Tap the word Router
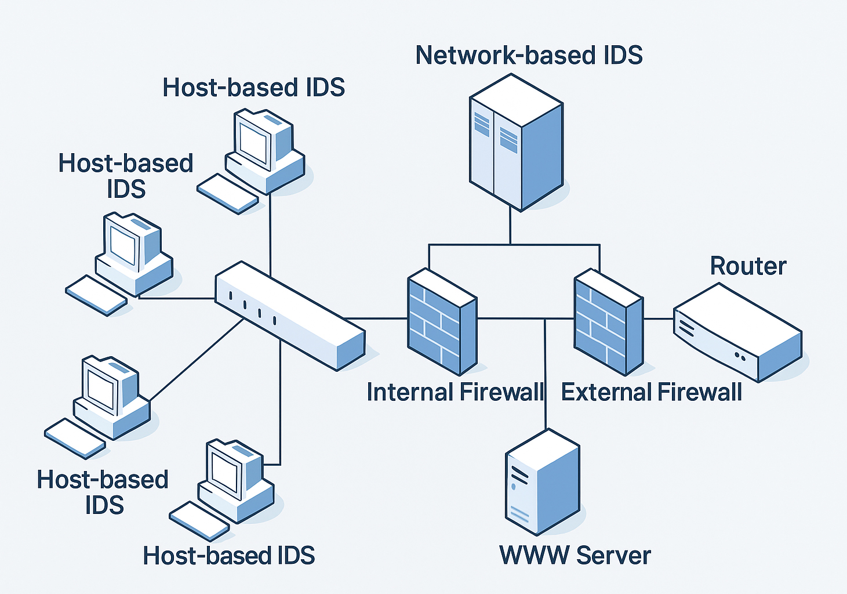[748, 266]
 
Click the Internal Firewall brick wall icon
[442, 322]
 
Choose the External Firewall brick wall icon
[608, 322]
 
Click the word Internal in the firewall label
[409, 393]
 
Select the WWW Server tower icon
[542, 481]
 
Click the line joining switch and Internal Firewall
[377, 318]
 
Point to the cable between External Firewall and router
[658, 318]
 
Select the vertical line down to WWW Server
[545, 377]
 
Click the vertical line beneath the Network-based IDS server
[510, 226]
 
